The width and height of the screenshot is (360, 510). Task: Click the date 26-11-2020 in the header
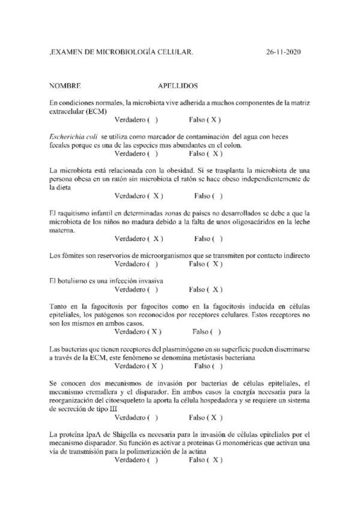click(283, 53)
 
